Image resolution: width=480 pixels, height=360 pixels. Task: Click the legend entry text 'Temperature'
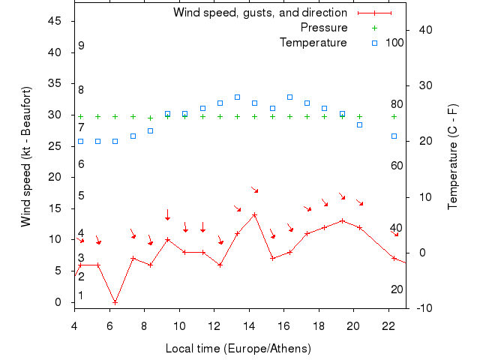click(313, 43)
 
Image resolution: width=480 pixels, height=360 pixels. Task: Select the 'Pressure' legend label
click(323, 28)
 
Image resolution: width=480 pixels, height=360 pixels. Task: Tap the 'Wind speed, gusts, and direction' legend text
click(259, 13)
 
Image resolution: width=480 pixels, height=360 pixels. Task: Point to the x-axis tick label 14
click(249, 325)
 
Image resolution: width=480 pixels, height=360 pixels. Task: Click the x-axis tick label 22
click(388, 325)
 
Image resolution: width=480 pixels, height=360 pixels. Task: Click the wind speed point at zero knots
click(115, 302)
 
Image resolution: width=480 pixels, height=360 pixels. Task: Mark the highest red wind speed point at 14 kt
click(255, 214)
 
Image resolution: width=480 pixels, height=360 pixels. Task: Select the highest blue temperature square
click(237, 97)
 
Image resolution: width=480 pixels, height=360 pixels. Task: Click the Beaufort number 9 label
click(81, 46)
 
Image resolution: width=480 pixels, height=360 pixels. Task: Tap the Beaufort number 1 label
click(81, 295)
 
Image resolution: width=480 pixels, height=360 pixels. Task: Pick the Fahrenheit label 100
click(394, 43)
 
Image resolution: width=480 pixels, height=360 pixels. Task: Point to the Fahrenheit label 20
click(397, 289)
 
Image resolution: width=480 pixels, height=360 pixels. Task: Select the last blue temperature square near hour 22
click(394, 136)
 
